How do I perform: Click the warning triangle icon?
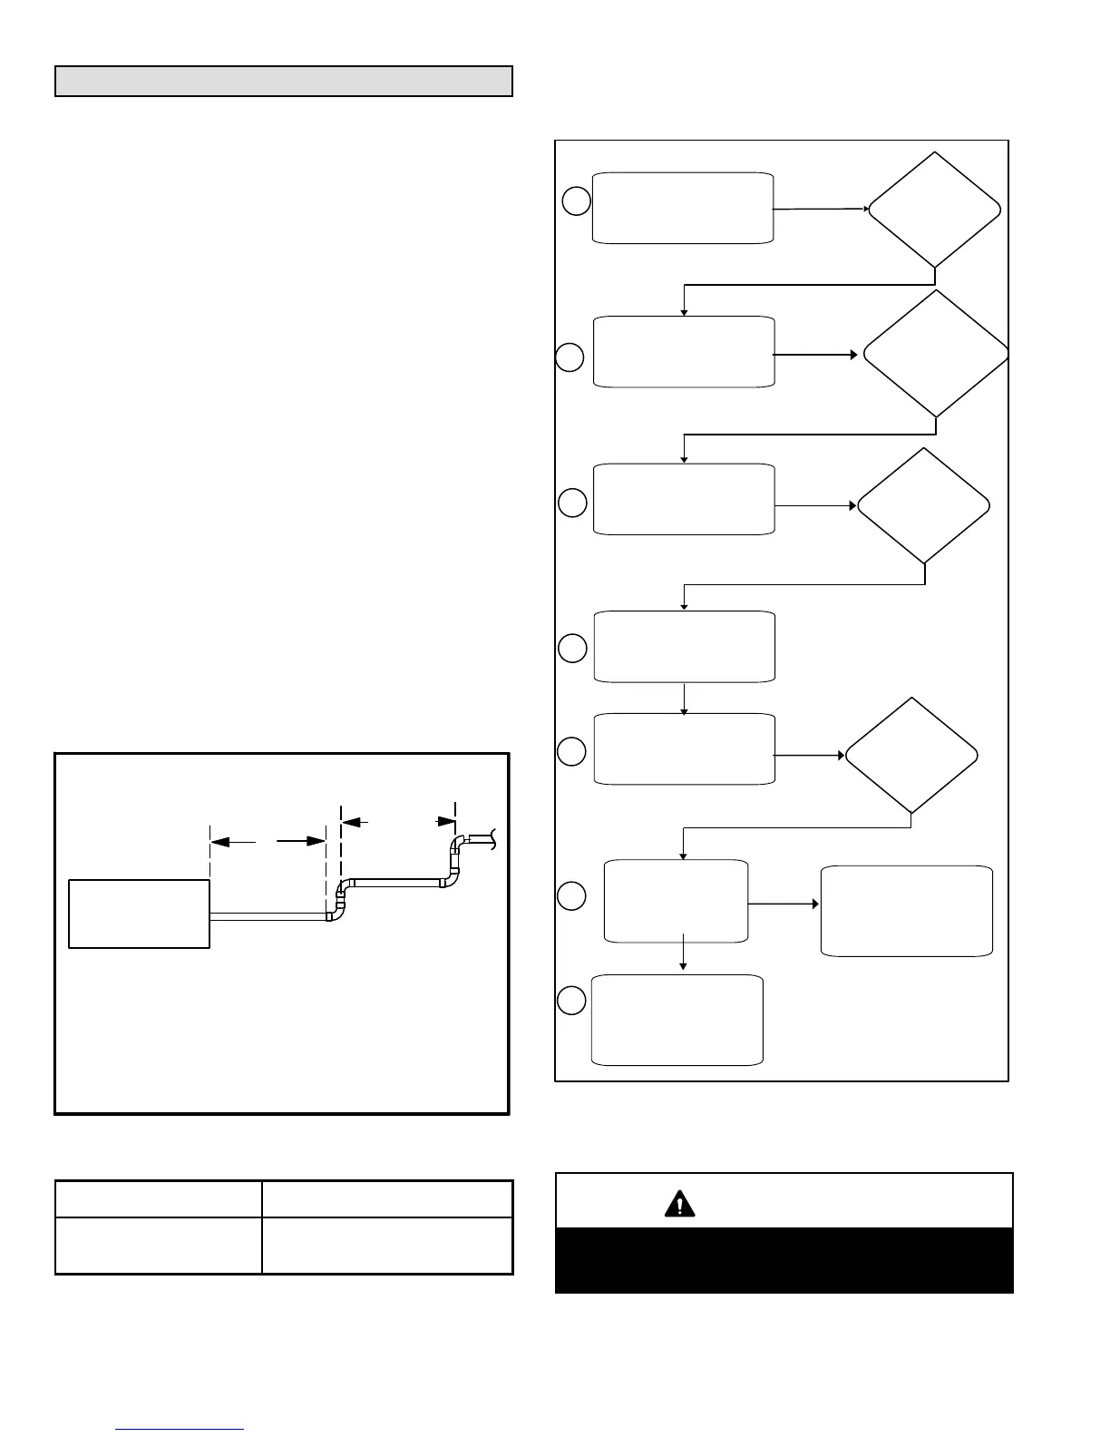coord(679,1203)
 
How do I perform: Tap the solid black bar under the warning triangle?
coord(784,1260)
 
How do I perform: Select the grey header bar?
coord(284,81)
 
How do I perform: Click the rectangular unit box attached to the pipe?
coord(140,914)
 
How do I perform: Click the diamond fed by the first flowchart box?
coord(934,210)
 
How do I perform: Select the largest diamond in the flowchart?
coord(936,354)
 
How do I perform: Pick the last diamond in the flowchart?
coord(910,756)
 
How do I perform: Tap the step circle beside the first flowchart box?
coord(576,200)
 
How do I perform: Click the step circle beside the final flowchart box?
coord(571,1001)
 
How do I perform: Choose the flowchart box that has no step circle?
coord(906,911)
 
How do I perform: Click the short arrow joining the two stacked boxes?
coord(684,699)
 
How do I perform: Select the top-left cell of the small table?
coord(159,1198)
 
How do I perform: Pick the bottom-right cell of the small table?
coord(387,1246)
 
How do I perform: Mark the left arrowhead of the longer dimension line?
coord(219,842)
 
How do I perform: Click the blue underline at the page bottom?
coord(180,1429)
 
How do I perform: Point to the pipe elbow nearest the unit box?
coord(336,907)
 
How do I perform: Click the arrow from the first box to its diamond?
coord(821,209)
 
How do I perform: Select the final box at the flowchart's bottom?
coord(677,1020)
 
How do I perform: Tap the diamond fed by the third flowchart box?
coord(923,506)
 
